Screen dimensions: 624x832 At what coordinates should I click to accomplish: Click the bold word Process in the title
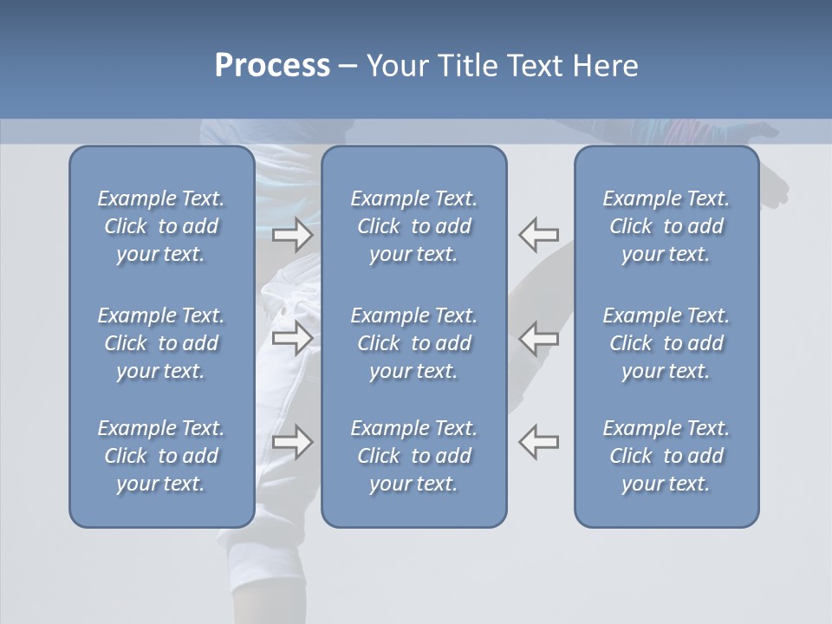pos(272,66)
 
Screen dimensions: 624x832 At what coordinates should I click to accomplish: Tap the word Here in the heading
pos(605,66)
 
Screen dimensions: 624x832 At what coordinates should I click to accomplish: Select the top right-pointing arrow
pos(293,234)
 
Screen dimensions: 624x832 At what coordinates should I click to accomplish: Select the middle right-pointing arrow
pos(293,338)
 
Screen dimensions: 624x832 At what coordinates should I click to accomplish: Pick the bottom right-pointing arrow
pos(293,442)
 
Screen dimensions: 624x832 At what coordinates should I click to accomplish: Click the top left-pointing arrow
pos(539,234)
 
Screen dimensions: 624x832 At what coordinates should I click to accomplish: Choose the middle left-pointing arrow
pos(539,338)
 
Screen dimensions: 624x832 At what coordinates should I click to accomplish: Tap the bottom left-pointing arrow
pos(539,442)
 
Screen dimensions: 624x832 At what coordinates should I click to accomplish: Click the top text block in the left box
pos(161,226)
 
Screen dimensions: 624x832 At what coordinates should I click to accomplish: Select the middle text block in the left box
pos(161,343)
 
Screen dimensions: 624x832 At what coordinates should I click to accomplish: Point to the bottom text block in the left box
pos(161,456)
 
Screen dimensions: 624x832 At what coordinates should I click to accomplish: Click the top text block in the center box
pos(414,226)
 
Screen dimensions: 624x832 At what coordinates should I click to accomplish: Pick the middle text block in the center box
pos(414,343)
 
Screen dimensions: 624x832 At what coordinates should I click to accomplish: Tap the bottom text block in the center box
pos(414,456)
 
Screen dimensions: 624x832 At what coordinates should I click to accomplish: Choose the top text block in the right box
pos(666,226)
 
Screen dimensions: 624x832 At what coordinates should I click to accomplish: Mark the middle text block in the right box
pos(666,343)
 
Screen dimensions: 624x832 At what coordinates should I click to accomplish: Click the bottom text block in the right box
pos(666,456)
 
